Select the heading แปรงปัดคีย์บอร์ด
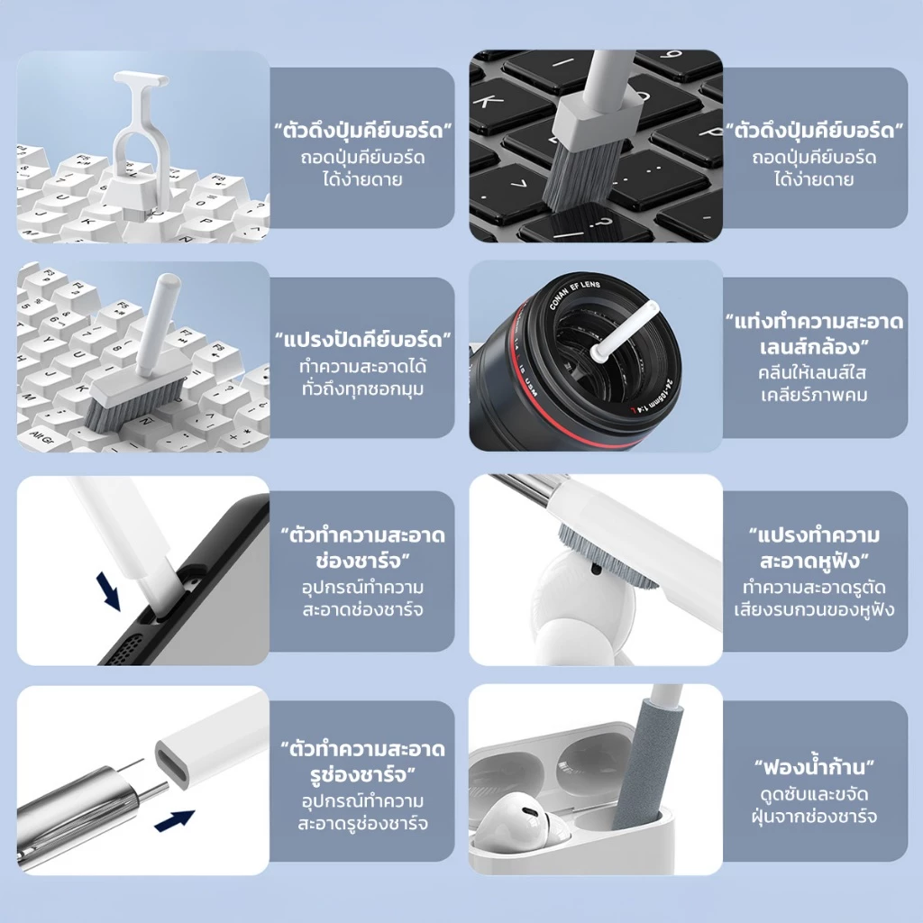[x=362, y=340]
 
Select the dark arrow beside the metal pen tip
[x=174, y=820]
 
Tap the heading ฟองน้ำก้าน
[x=814, y=768]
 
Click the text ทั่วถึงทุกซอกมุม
[x=362, y=389]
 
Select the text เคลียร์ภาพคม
[x=814, y=395]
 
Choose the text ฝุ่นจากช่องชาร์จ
[x=814, y=817]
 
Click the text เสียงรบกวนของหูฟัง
[x=814, y=609]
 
